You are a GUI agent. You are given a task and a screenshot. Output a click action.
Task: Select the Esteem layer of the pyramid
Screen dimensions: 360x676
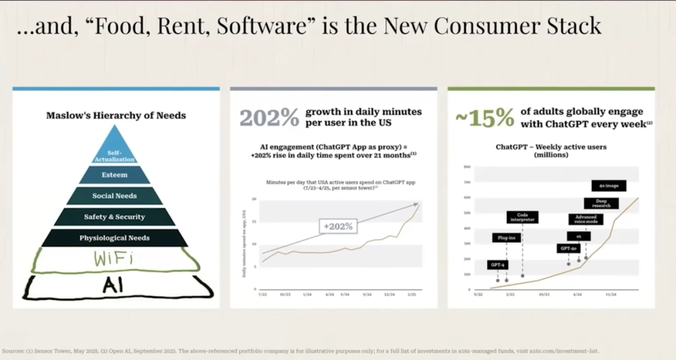115,175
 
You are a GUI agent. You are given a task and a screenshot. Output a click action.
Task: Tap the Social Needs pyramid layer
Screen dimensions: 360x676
115,196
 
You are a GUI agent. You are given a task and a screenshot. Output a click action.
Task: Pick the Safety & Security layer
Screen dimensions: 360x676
115,217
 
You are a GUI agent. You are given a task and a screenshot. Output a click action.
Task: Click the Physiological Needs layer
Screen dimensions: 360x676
115,238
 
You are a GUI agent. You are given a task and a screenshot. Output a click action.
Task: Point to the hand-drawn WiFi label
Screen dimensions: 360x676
115,259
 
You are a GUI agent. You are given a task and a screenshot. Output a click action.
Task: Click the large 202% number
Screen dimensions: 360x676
269,117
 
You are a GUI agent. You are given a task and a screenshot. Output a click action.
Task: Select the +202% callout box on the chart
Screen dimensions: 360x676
338,227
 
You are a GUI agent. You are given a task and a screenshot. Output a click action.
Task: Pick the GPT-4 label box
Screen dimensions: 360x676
498,265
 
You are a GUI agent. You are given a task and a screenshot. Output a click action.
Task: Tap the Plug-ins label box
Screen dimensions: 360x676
506,238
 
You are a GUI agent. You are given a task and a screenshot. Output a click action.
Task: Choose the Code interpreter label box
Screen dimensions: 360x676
523,217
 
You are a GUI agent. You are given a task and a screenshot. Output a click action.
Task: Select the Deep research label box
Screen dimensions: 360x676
601,203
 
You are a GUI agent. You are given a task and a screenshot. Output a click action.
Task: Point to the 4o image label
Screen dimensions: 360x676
608,186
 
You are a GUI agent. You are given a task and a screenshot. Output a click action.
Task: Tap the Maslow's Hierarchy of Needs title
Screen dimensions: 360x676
116,115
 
